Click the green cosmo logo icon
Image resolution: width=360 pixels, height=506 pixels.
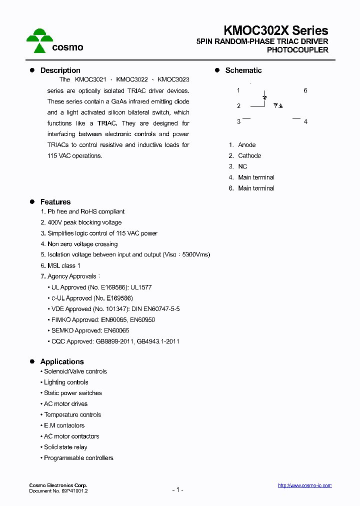point(39,40)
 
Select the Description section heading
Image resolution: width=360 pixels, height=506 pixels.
point(60,70)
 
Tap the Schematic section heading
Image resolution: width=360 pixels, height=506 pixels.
point(243,70)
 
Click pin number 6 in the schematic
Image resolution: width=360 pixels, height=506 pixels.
point(305,90)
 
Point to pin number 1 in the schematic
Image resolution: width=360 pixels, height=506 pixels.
point(238,90)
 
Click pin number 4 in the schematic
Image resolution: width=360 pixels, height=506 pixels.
point(305,121)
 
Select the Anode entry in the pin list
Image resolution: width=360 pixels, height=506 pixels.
point(246,145)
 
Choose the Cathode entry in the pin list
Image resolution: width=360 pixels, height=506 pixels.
point(249,156)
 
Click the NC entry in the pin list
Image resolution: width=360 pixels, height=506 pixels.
point(242,166)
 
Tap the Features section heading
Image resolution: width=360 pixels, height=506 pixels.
point(55,202)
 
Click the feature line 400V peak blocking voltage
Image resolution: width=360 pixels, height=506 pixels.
point(81,222)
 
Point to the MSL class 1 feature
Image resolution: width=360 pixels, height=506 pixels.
point(60,265)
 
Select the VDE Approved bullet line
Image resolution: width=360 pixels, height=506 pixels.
point(115,309)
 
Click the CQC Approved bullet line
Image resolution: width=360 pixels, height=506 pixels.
point(115,341)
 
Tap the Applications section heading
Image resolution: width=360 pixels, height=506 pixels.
point(62,361)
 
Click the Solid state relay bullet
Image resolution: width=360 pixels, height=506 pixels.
point(65,447)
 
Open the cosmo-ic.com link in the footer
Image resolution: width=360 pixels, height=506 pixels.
point(304,485)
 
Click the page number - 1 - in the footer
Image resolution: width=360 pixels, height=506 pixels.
point(177,490)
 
